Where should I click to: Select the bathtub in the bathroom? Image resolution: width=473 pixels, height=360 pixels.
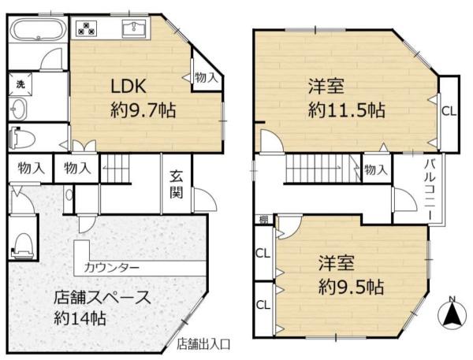pyautogui.click(x=37, y=33)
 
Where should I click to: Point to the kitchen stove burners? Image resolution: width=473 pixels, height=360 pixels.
pyautogui.click(x=86, y=30)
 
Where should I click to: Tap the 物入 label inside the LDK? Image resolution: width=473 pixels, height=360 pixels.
pyautogui.click(x=206, y=77)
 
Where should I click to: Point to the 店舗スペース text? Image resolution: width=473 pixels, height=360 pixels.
pyautogui.click(x=102, y=298)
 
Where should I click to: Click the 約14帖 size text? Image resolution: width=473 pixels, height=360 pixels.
pyautogui.click(x=80, y=319)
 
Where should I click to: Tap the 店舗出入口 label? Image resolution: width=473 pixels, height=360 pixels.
pyautogui.click(x=203, y=343)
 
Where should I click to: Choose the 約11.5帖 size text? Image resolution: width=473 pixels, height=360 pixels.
pyautogui.click(x=346, y=110)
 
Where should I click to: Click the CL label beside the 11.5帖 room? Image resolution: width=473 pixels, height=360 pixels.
pyautogui.click(x=448, y=111)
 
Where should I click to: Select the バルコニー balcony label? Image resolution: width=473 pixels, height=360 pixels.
pyautogui.click(x=432, y=183)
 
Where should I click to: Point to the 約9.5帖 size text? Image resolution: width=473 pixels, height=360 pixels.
pyautogui.click(x=352, y=285)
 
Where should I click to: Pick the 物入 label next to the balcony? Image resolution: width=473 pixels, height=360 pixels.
pyautogui.click(x=375, y=169)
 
